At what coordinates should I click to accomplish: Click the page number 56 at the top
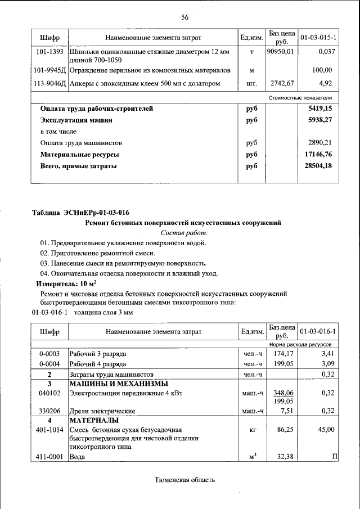(x=184, y=17)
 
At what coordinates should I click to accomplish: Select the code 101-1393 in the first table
(x=49, y=52)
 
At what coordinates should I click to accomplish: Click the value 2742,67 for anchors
(x=282, y=84)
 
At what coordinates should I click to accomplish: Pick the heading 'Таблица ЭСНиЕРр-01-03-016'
(x=80, y=213)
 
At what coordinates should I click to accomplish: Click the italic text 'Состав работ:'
(x=184, y=232)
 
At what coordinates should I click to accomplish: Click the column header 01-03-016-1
(x=318, y=331)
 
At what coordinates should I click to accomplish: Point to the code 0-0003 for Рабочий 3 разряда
(x=49, y=354)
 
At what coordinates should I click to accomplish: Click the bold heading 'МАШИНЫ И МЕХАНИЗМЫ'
(x=112, y=384)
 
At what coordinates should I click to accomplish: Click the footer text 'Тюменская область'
(x=185, y=480)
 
